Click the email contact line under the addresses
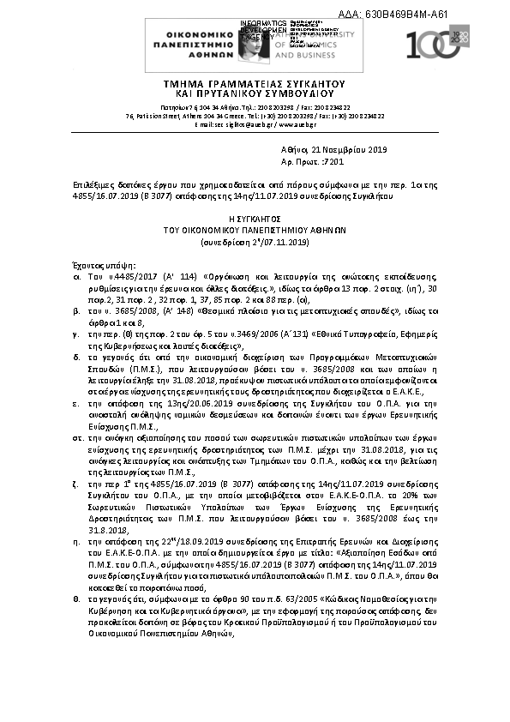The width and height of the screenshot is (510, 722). click(x=254, y=124)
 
